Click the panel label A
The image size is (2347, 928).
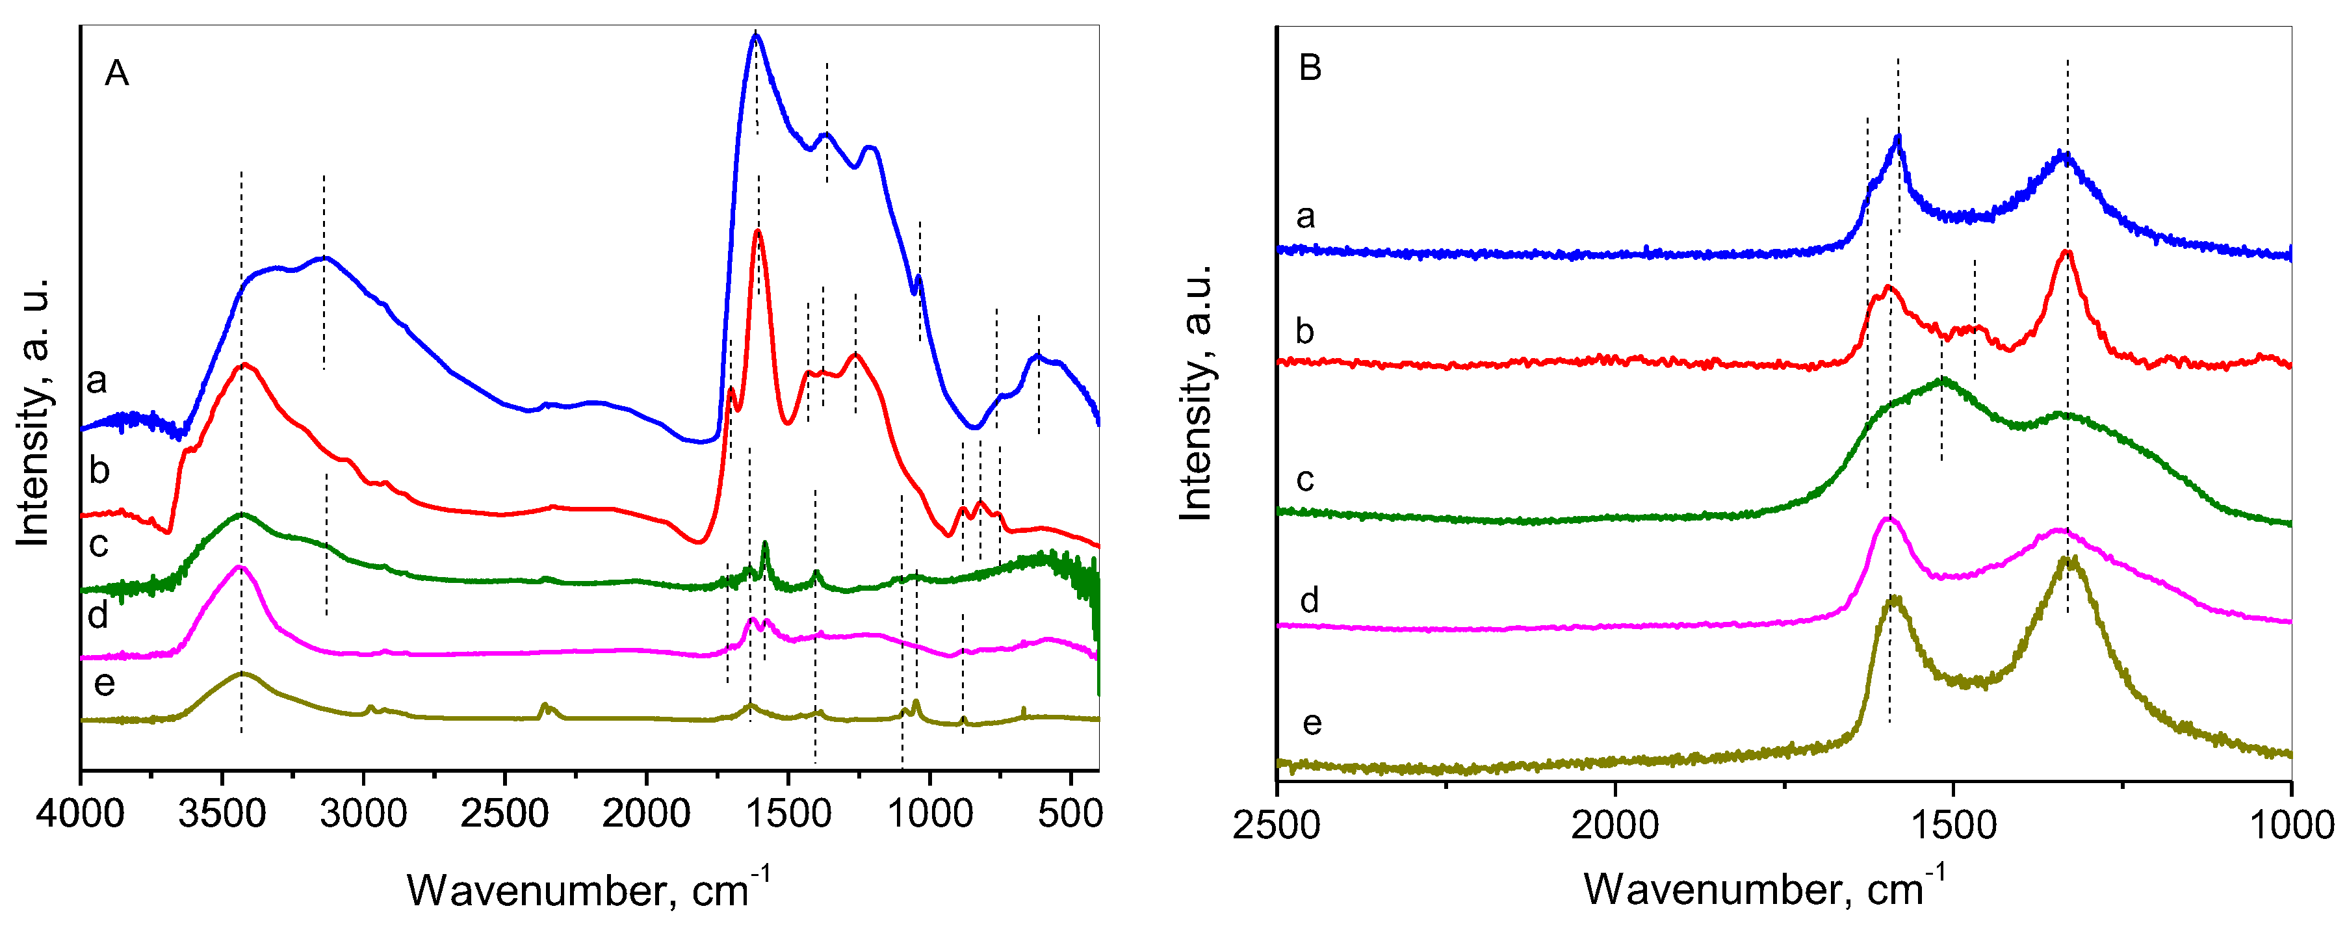click(116, 73)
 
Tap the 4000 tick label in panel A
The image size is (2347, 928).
click(80, 812)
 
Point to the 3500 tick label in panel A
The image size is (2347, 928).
click(222, 812)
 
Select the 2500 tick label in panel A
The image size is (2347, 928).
click(504, 812)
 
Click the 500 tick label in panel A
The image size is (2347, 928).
click(1070, 812)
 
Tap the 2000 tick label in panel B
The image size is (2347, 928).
click(1614, 825)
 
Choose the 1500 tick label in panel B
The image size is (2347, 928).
click(1952, 825)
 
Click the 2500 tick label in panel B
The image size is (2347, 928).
click(1277, 825)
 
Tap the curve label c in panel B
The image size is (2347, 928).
click(1304, 478)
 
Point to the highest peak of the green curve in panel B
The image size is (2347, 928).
click(1941, 379)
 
